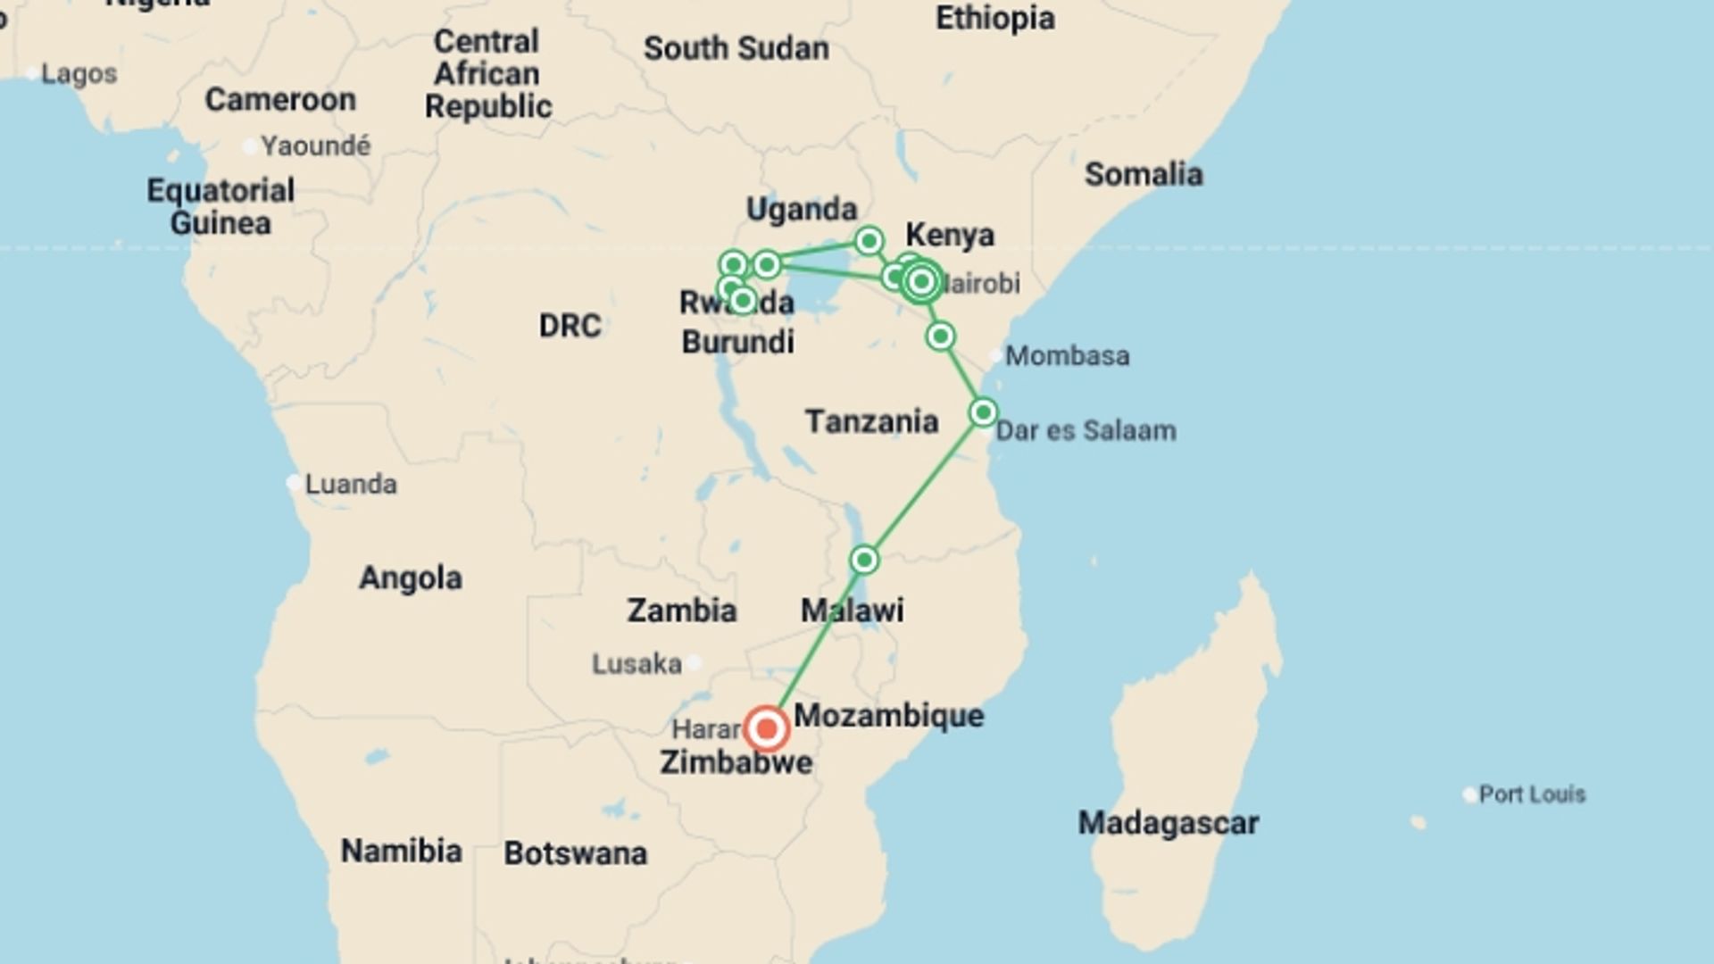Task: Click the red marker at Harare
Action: click(766, 729)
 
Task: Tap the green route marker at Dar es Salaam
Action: click(983, 412)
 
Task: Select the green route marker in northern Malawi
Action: click(863, 560)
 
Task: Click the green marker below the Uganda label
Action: click(869, 241)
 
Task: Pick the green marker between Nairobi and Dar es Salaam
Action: click(940, 337)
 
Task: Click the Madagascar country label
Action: click(1168, 822)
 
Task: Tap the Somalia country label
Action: click(1143, 174)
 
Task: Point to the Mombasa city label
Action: click(1067, 356)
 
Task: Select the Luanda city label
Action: click(350, 484)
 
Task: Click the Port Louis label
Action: click(1531, 794)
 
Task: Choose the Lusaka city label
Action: click(637, 664)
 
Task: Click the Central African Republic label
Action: click(487, 74)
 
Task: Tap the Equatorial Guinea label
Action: click(220, 206)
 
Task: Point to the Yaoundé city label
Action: click(315, 145)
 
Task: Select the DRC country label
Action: click(570, 326)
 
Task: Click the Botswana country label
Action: click(575, 853)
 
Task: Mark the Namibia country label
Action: click(401, 851)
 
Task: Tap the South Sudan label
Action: click(736, 48)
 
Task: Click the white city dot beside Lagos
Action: click(32, 73)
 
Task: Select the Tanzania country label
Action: click(871, 421)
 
